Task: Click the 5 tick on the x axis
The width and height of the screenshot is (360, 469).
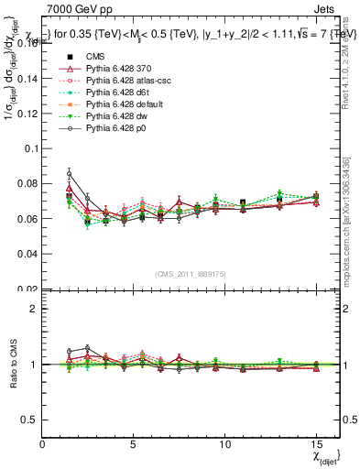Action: [x=134, y=444]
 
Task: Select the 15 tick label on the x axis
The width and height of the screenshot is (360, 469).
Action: [x=315, y=444]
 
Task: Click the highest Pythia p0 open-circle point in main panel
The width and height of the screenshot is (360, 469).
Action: [x=70, y=173]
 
